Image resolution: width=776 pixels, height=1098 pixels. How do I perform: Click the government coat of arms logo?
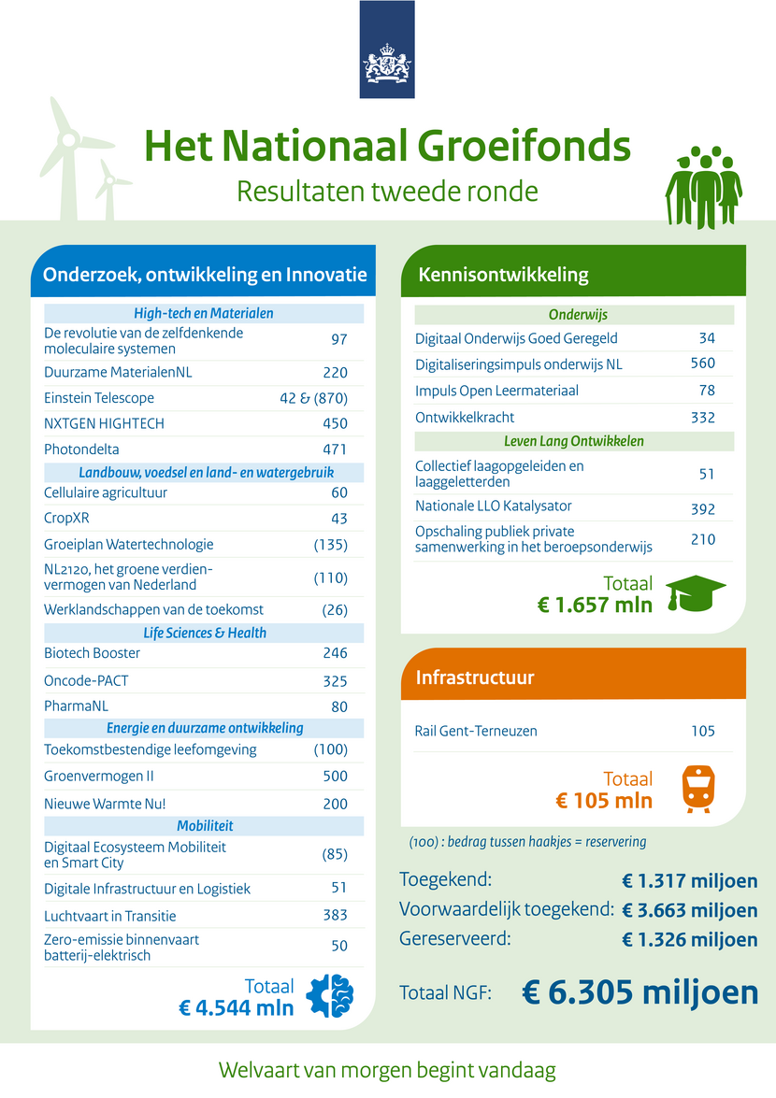(387, 63)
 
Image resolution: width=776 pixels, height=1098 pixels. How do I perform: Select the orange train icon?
(695, 789)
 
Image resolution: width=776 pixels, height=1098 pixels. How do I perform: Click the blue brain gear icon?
(330, 996)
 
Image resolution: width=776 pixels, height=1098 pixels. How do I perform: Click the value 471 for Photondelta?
(335, 449)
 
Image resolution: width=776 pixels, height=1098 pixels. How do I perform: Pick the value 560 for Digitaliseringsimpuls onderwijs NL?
(702, 364)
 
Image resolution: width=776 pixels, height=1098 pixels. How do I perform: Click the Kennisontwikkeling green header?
(504, 275)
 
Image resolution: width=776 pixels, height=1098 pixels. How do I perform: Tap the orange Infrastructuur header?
(475, 677)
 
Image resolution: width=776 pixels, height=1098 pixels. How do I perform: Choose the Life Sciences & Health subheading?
(205, 633)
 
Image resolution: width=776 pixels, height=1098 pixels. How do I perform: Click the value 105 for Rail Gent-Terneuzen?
(703, 731)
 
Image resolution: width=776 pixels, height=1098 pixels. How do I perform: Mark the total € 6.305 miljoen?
(639, 992)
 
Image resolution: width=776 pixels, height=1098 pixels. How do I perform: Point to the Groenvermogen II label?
(99, 776)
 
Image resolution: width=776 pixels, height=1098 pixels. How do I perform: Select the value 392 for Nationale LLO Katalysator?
(702, 509)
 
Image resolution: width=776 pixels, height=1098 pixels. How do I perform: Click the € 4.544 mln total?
(237, 1008)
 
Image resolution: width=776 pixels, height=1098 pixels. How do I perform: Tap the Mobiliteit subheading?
(205, 825)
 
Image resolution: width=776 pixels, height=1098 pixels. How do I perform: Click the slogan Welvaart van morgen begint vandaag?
(387, 1069)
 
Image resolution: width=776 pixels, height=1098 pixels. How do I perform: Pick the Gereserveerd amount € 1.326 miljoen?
(689, 939)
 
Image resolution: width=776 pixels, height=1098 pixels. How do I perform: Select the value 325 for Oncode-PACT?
(335, 681)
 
